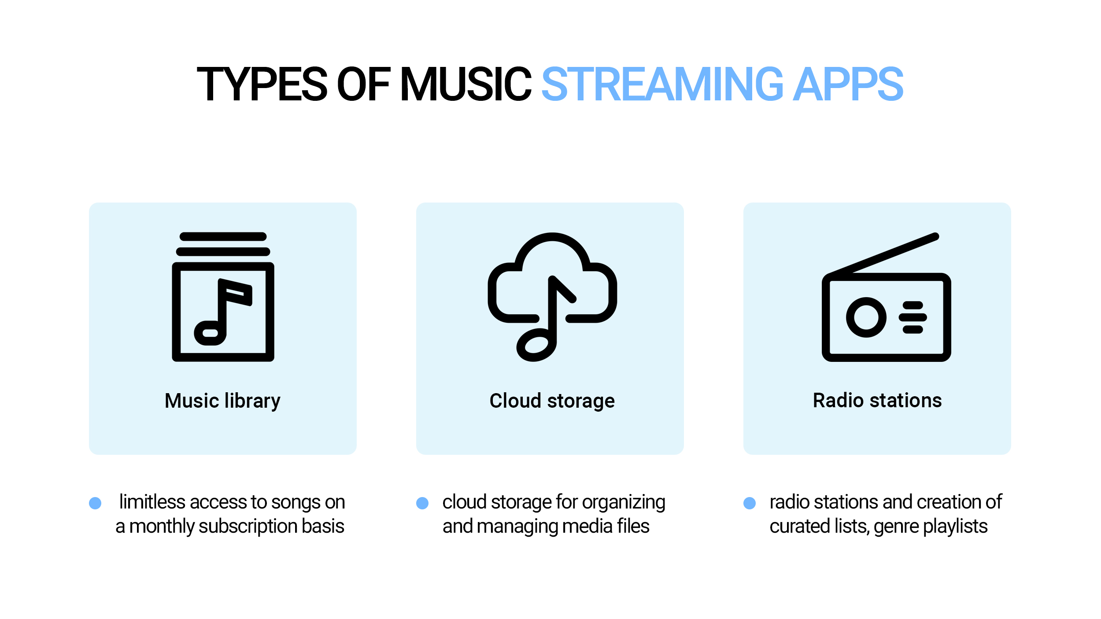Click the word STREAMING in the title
click(x=662, y=84)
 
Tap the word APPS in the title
click(x=848, y=84)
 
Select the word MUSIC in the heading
click(x=466, y=84)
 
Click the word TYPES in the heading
click(x=262, y=84)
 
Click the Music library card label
click(x=222, y=401)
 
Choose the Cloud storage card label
click(x=552, y=401)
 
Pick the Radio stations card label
click(x=877, y=401)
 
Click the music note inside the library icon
click(x=222, y=312)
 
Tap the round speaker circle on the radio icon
click(x=866, y=317)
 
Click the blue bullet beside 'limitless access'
click(x=95, y=503)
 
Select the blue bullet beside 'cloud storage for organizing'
click(x=422, y=503)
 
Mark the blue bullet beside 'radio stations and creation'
click(x=750, y=503)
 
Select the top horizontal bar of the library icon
click(x=223, y=236)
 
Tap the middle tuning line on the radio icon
click(x=913, y=317)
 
